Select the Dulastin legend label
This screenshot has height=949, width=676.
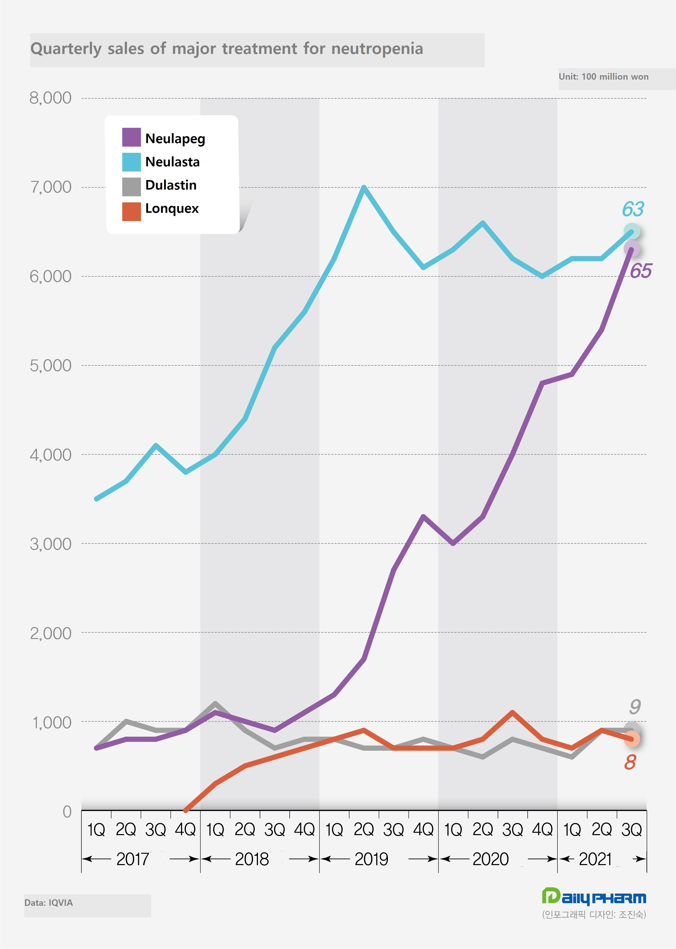(171, 185)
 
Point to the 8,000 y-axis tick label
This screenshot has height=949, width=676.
(50, 98)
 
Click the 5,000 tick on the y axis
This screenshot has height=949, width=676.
(50, 365)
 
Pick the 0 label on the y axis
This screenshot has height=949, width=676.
(67, 811)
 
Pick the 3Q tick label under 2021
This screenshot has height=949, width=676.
(632, 830)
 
